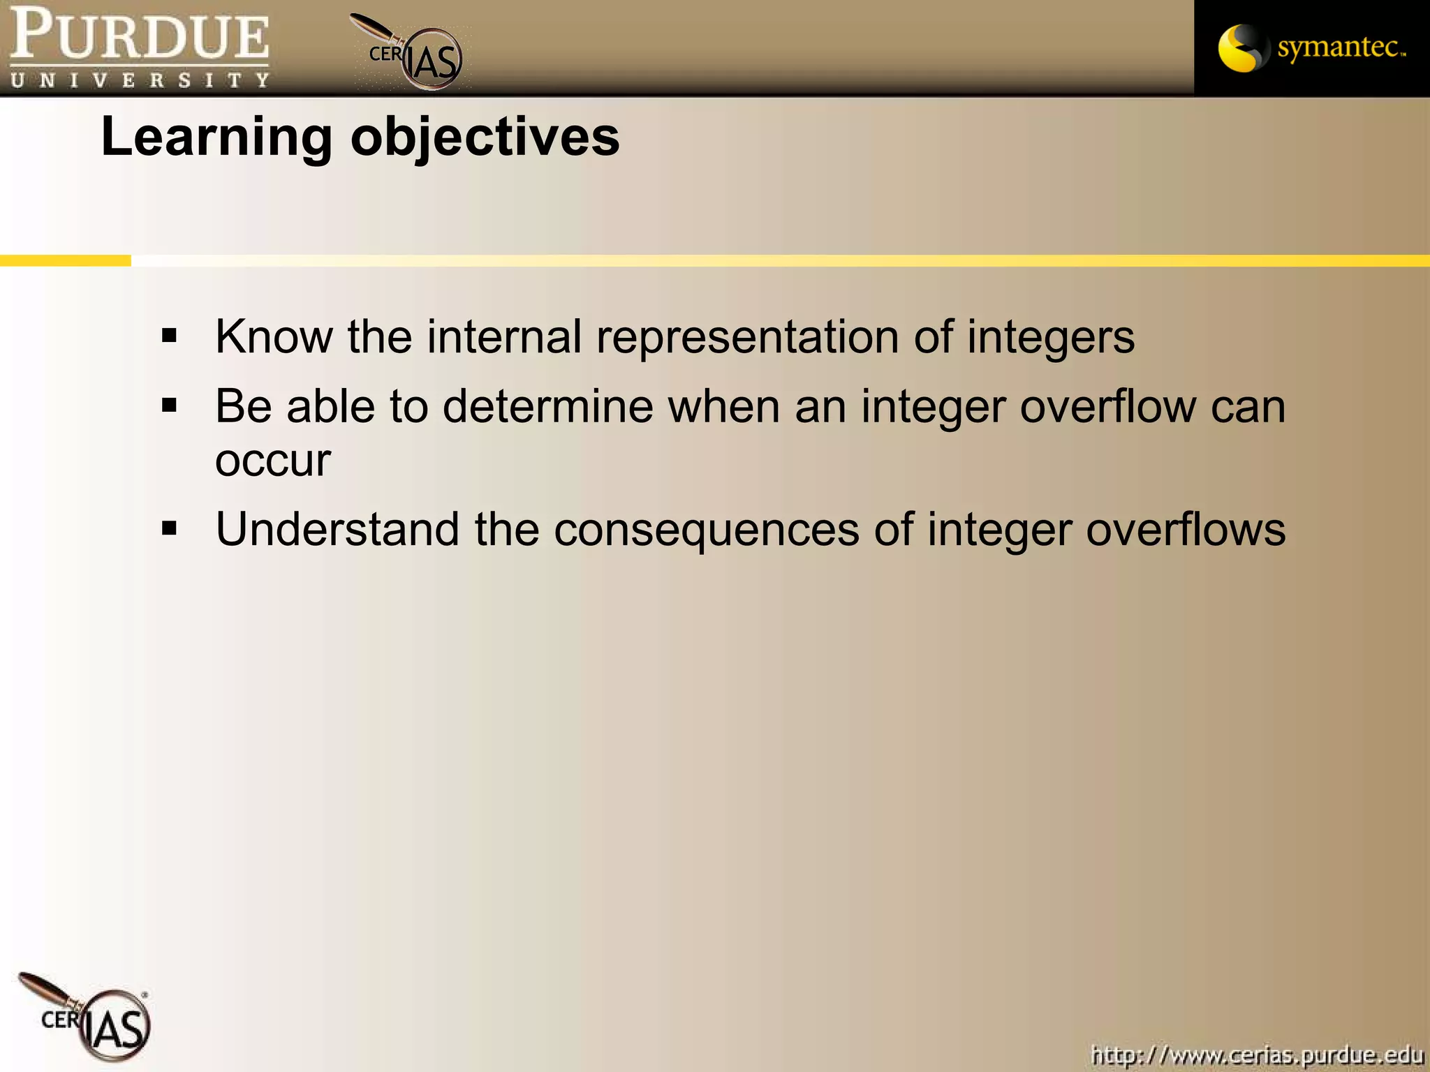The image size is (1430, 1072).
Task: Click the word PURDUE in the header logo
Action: pos(140,35)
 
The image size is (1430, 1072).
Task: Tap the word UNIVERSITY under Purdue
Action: pos(140,80)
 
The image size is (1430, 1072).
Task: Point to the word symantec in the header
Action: pos(1339,47)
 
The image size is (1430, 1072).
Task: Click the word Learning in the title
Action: pos(216,136)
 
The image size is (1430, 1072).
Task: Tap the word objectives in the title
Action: pos(485,137)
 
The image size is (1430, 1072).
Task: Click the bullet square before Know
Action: pos(169,336)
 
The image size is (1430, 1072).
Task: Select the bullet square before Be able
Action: pos(169,405)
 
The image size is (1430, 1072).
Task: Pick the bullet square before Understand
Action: pos(169,528)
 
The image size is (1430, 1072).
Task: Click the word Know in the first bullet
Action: pos(274,336)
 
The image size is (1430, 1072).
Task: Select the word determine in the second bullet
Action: pos(547,406)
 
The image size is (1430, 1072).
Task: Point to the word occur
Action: pos(272,461)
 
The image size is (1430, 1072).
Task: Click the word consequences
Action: pos(706,530)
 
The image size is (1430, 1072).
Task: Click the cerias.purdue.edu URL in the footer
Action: pos(1256,1054)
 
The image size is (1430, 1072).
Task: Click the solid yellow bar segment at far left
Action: pos(65,261)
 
